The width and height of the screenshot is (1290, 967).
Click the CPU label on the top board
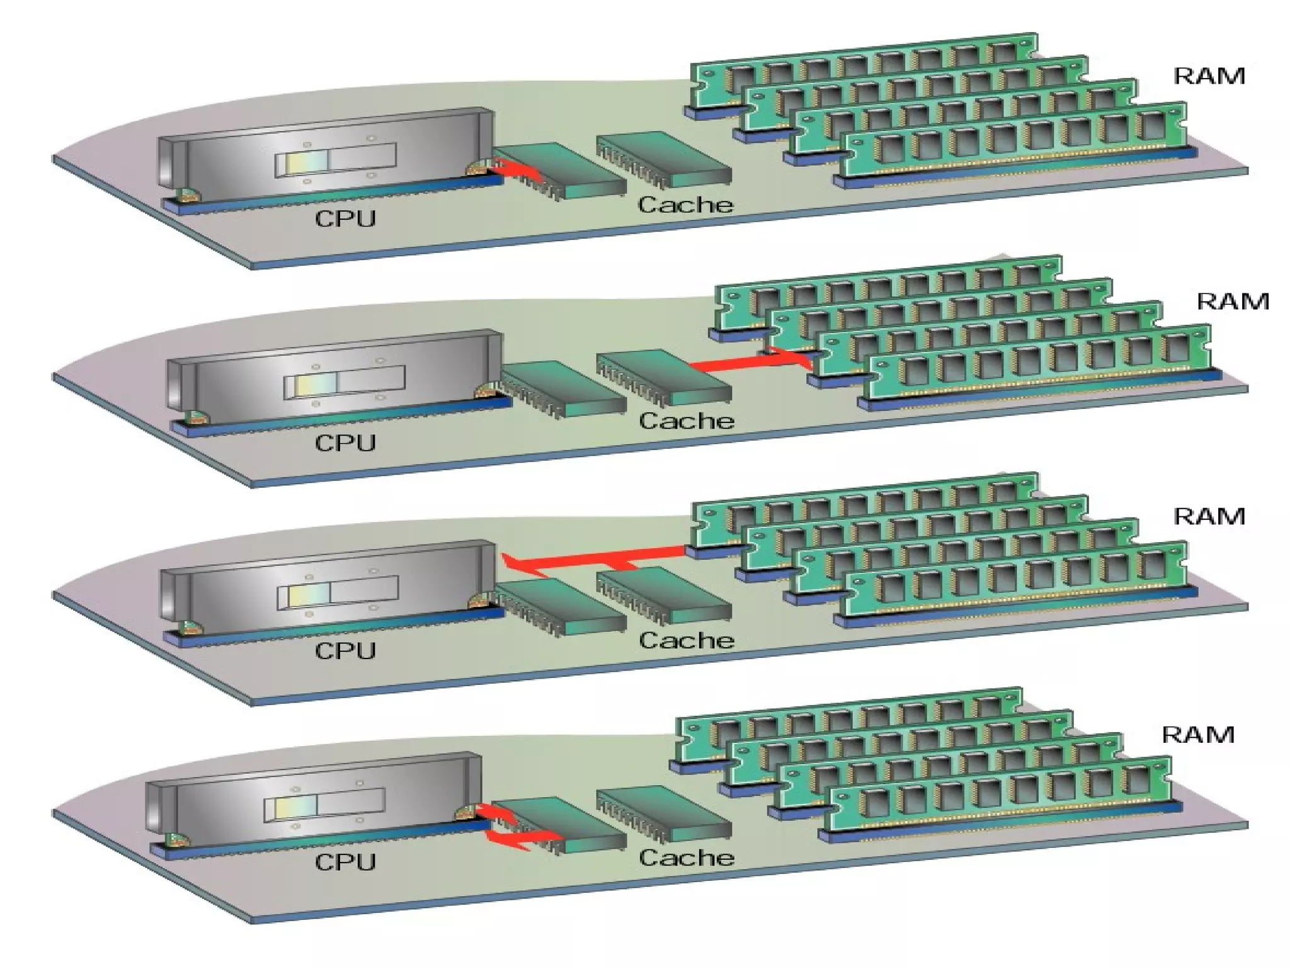coord(345,218)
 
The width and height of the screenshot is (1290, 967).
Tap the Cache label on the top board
coord(685,205)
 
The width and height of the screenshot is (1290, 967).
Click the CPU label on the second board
coord(345,443)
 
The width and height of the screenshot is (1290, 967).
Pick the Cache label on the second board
coord(687,421)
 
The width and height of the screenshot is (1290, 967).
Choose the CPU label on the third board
coord(345,650)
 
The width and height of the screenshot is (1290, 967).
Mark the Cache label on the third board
coord(687,640)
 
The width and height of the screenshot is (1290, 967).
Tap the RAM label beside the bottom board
coord(1197,735)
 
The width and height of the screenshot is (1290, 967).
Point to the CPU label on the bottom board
coord(345,862)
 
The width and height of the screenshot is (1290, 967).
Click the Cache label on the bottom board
coord(687,857)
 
